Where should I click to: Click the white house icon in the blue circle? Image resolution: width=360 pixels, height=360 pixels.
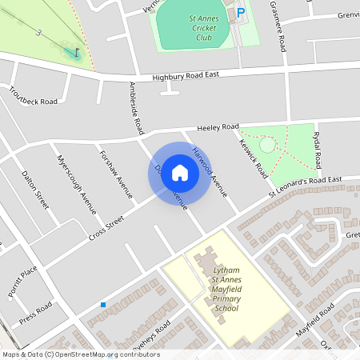click(x=180, y=172)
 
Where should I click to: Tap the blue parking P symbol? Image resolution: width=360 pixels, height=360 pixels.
click(x=242, y=14)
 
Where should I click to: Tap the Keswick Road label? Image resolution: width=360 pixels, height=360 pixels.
click(x=251, y=147)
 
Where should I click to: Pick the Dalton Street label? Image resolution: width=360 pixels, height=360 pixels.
click(x=35, y=190)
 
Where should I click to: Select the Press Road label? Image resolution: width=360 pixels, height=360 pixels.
click(x=36, y=313)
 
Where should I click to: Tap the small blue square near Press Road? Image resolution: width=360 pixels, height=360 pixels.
click(x=103, y=305)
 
